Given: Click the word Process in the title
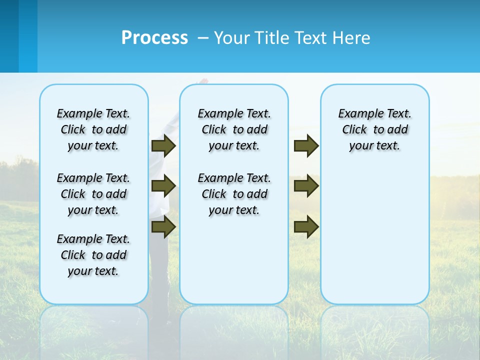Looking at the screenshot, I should [x=154, y=38].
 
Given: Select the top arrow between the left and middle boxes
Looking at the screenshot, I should [x=163, y=146].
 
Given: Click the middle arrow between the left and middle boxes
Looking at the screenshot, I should [x=163, y=186].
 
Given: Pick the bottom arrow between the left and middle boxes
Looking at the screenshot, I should [x=163, y=226].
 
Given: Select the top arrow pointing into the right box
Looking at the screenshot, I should [x=306, y=146].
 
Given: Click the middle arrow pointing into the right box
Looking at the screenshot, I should [x=306, y=186].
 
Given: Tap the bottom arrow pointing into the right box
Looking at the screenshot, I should [x=306, y=226].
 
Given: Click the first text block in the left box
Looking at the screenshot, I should [x=93, y=129].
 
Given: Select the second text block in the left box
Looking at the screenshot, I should [x=93, y=194].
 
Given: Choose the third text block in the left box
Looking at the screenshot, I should [x=93, y=255].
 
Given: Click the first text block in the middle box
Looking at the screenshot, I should [x=234, y=129].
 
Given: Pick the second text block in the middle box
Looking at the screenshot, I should [x=234, y=194].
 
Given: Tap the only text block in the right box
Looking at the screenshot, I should [x=375, y=129].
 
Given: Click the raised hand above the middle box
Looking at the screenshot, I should [x=202, y=80].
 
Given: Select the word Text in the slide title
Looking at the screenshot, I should [x=312, y=38].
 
